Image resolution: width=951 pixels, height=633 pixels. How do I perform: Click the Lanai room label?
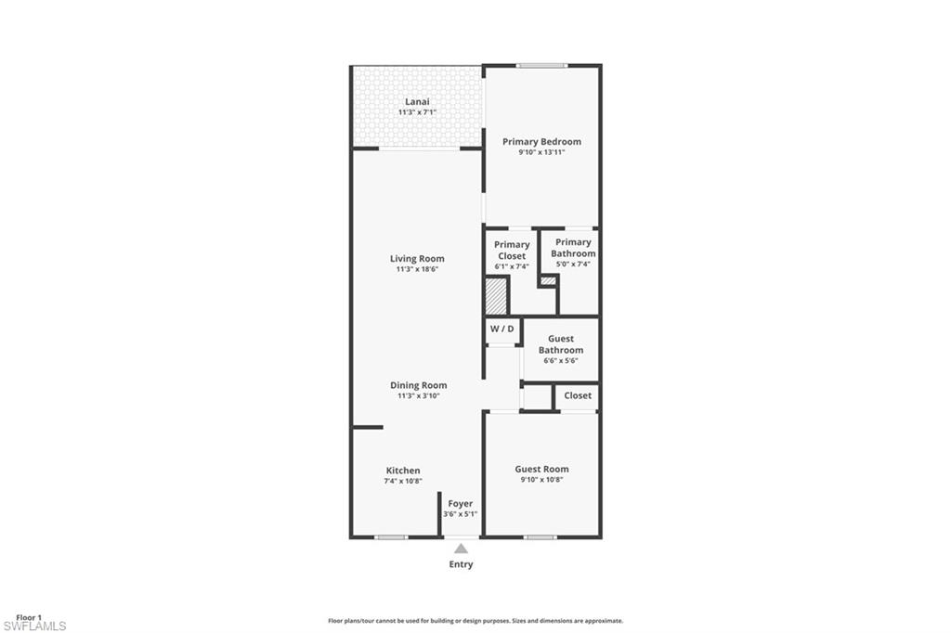point(417,102)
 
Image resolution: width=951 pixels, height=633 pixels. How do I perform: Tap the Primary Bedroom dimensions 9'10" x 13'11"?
point(541,152)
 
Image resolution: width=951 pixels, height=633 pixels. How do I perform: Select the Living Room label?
point(417,259)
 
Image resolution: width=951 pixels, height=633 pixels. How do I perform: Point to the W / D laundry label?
point(502,329)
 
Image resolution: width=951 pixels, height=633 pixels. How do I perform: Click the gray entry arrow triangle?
point(461,549)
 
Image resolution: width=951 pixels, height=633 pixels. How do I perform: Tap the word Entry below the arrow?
point(461,564)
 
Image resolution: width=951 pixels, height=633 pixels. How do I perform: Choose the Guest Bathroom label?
point(561,344)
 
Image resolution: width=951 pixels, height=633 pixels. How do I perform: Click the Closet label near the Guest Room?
point(578,395)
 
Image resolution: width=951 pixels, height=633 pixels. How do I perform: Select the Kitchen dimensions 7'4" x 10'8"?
point(403,481)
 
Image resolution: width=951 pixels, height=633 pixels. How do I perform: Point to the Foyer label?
point(461,504)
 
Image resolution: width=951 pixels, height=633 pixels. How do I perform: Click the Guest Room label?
point(541,469)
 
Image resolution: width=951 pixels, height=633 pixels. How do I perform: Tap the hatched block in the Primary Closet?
point(496,296)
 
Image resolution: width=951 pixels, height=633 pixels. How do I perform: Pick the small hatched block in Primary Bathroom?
point(548,280)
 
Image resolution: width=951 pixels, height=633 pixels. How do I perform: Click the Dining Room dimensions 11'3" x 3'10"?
point(419,396)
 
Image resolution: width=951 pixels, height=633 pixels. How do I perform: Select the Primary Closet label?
point(512,251)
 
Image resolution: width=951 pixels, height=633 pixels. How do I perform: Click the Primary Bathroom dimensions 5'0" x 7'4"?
point(573,265)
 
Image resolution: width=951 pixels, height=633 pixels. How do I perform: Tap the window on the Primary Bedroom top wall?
point(542,66)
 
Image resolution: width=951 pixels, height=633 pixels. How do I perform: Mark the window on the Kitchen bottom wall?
point(391,537)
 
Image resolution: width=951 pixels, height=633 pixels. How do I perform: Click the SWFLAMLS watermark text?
point(34,627)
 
